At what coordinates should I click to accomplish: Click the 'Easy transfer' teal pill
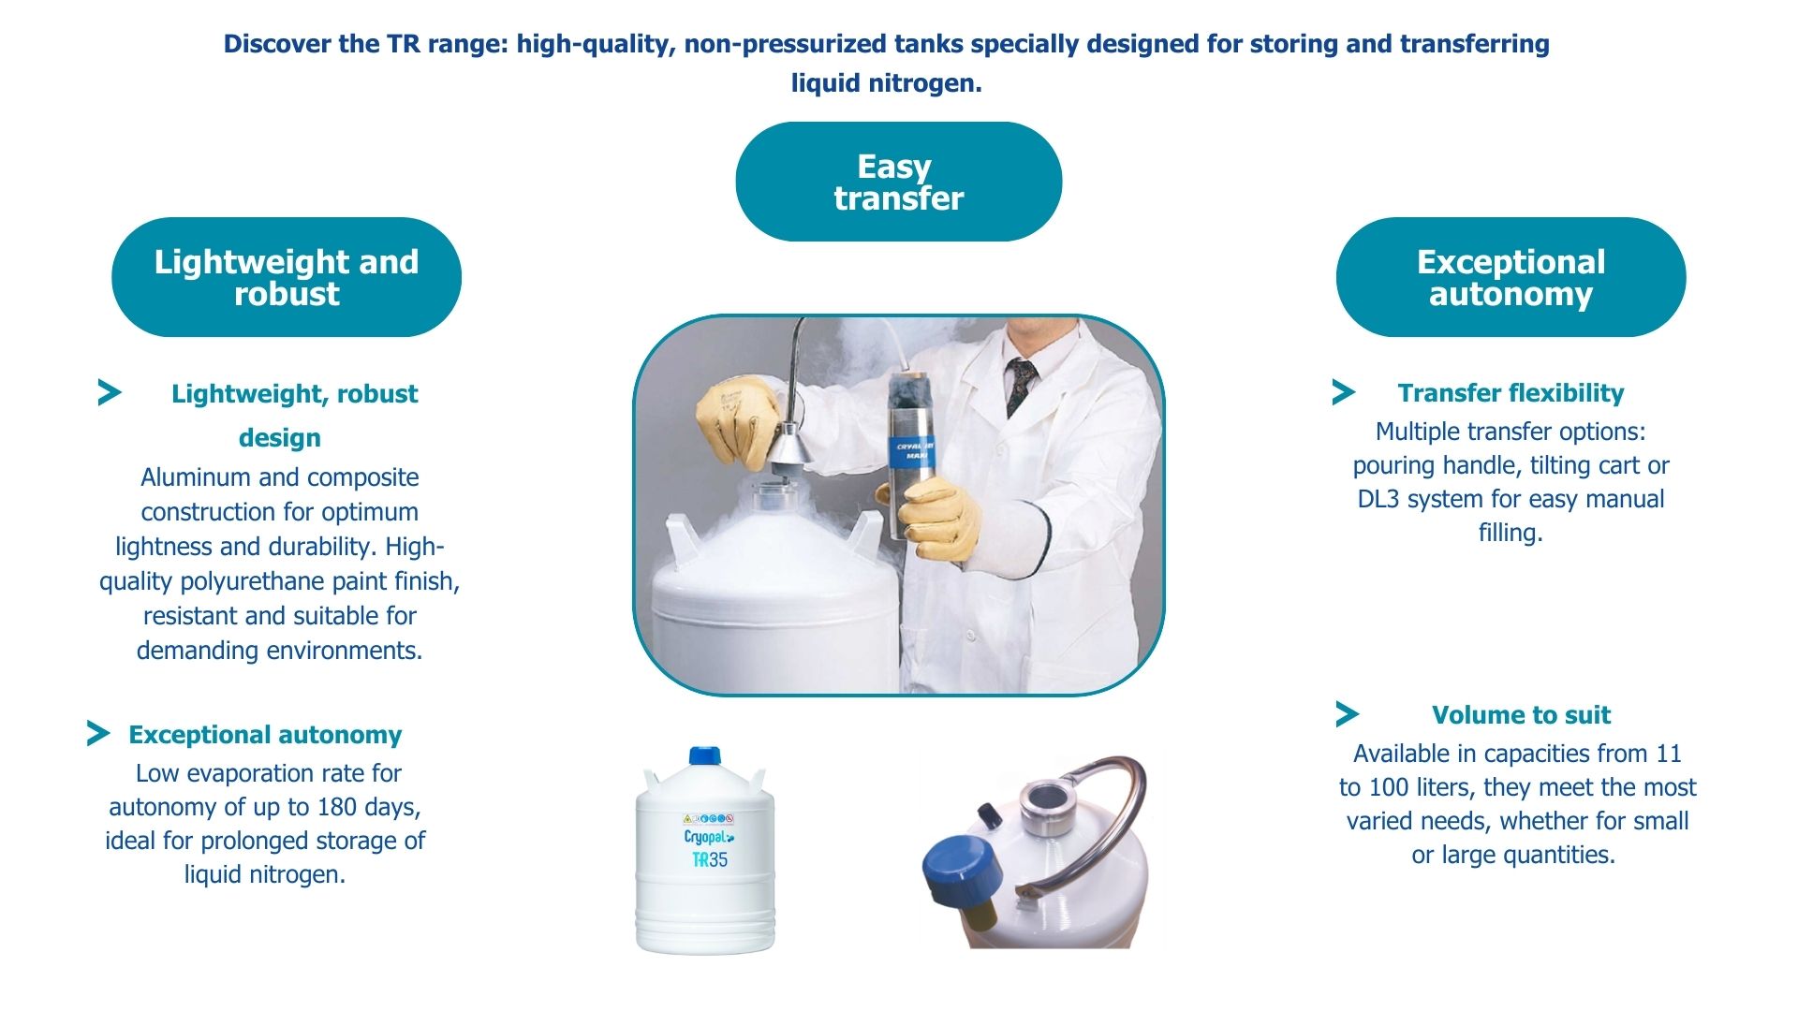(899, 182)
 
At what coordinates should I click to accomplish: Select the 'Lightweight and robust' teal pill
(287, 277)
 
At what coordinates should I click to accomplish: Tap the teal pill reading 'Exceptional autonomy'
(1511, 277)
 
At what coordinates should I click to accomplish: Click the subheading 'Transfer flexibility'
(1511, 393)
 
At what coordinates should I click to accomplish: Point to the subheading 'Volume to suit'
(1521, 715)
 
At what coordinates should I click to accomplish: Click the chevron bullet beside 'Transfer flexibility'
(1344, 392)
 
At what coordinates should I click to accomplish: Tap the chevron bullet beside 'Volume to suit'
(1348, 714)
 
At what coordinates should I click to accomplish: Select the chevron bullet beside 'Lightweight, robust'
(110, 392)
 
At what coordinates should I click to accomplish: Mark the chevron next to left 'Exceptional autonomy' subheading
(98, 733)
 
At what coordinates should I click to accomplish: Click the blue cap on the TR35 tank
(705, 756)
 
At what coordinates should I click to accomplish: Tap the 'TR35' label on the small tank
(710, 859)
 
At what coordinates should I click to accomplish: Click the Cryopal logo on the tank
(709, 836)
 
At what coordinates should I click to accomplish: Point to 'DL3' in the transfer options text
(1378, 499)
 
